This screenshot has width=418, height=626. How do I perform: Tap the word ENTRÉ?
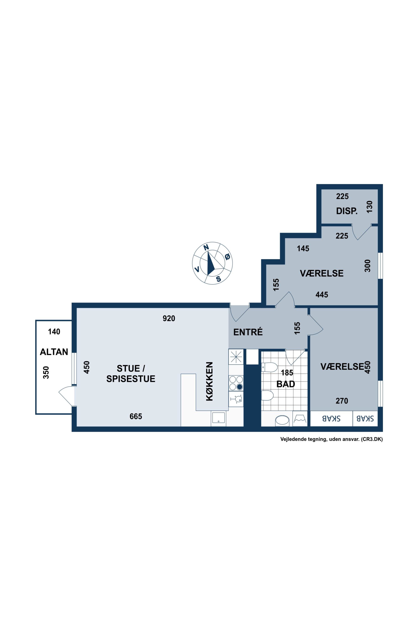point(248,332)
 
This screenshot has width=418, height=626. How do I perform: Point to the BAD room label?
point(285,384)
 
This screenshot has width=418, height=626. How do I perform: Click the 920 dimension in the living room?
point(169,318)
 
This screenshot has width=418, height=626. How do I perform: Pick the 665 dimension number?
point(136,416)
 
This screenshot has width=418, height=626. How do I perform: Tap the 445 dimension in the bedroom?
point(322,295)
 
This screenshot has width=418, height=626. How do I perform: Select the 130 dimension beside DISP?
point(369,207)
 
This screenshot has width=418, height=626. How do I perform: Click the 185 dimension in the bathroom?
point(287,373)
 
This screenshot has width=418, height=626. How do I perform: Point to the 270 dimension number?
point(342,401)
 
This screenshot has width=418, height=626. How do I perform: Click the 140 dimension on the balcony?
point(54,332)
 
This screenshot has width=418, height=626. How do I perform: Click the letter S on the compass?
point(219,279)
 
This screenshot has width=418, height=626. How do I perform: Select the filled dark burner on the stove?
point(240,387)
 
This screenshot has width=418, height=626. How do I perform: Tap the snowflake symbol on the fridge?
point(236,357)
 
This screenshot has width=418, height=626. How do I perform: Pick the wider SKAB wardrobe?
point(331,419)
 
